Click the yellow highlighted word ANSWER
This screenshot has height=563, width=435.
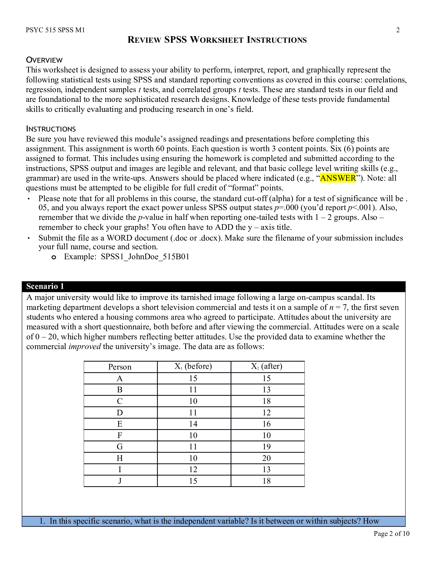point(338,178)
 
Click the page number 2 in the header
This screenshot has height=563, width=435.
point(398,30)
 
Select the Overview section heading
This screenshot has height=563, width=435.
point(44,60)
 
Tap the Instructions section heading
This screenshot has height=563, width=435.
point(51,129)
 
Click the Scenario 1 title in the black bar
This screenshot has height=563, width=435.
point(45,286)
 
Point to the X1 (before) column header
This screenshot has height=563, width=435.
point(193,366)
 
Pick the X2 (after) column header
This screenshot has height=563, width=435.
point(266,366)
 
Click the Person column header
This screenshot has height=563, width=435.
point(120,367)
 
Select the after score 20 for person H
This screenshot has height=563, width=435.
point(266,458)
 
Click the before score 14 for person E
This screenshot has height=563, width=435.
point(193,424)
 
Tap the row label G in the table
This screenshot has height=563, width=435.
point(120,447)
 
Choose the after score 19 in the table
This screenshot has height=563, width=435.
point(266,447)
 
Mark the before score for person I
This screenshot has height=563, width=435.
point(193,469)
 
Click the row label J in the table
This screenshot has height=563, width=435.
point(120,481)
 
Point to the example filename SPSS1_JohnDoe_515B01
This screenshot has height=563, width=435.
point(145,257)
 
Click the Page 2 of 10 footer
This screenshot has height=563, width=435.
point(391,534)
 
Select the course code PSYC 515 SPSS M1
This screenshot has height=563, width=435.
point(56,30)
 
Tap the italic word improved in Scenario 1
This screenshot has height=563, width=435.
point(84,347)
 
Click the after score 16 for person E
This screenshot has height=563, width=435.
point(266,424)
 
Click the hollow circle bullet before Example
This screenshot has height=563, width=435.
point(53,257)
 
